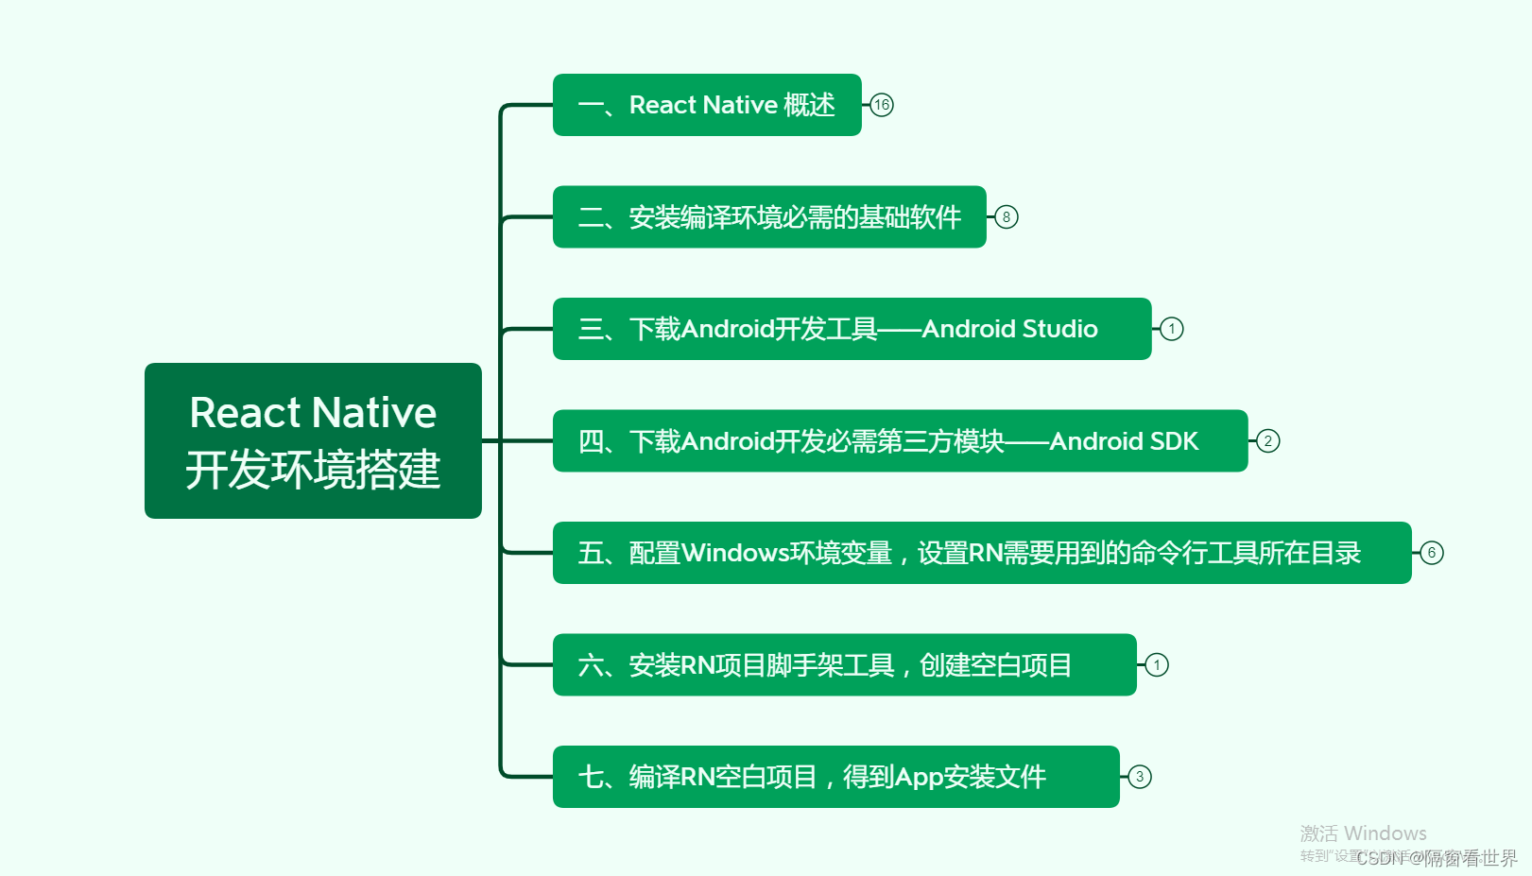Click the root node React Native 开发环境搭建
313,440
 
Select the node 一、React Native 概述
706,105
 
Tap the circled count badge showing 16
882,105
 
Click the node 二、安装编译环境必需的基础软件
768,217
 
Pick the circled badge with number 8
1007,217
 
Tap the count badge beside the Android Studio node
1172,329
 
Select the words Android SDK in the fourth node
1124,441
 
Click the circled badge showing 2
1268,441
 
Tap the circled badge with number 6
1432,553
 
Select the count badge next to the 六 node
1157,665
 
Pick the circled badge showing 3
1140,777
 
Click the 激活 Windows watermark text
1363,833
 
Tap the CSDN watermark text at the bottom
1437,858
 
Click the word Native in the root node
374,413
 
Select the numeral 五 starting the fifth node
591,553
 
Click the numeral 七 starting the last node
591,777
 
